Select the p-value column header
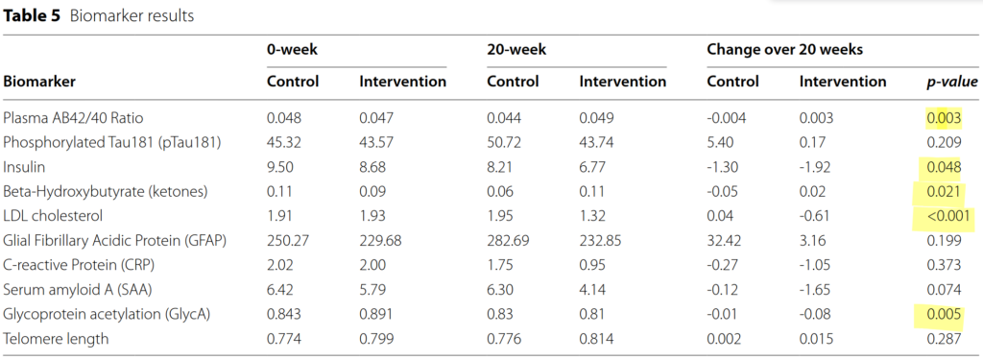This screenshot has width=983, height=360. (951, 82)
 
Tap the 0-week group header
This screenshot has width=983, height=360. (292, 49)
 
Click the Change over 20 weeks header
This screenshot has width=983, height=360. (785, 49)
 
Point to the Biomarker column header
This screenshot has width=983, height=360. (39, 82)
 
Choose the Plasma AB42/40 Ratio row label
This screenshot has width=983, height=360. (69, 118)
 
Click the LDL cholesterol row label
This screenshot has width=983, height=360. (52, 216)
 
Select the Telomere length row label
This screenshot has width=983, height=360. (56, 339)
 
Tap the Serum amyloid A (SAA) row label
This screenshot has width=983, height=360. (77, 290)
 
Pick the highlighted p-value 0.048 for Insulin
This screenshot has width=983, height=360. (944, 167)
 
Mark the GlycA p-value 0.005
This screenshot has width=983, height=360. (944, 314)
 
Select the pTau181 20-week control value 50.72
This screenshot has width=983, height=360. (504, 142)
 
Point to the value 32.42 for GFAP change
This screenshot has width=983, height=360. (724, 240)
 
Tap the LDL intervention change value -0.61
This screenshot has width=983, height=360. (814, 216)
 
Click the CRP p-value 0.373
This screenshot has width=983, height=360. (944, 265)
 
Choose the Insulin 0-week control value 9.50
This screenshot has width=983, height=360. (280, 167)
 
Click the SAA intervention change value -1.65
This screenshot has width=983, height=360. (814, 290)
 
